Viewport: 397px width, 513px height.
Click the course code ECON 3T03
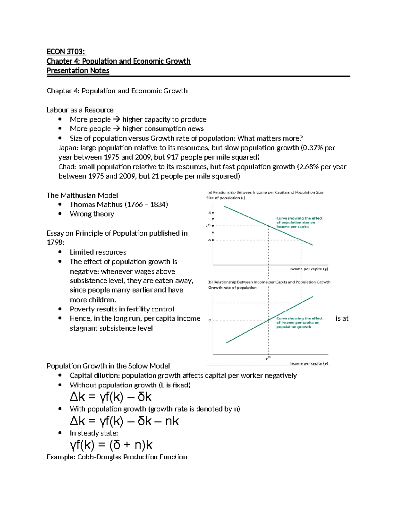click(66, 52)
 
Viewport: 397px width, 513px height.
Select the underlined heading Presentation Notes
click(78, 71)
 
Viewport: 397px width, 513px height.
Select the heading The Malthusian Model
click(82, 195)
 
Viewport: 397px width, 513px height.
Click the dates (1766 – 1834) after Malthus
click(146, 204)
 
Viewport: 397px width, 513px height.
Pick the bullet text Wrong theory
click(92, 214)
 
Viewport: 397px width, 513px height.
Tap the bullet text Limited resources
click(98, 252)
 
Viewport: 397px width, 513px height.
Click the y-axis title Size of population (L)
click(226, 198)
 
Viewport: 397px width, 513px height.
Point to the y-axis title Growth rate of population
click(232, 288)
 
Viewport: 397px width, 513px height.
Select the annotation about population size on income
click(299, 222)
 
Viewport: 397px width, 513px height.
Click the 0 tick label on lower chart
click(210, 320)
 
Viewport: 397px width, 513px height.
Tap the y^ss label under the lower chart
click(268, 358)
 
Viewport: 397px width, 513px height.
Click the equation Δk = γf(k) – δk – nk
click(124, 421)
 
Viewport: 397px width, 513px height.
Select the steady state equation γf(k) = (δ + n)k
click(111, 445)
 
